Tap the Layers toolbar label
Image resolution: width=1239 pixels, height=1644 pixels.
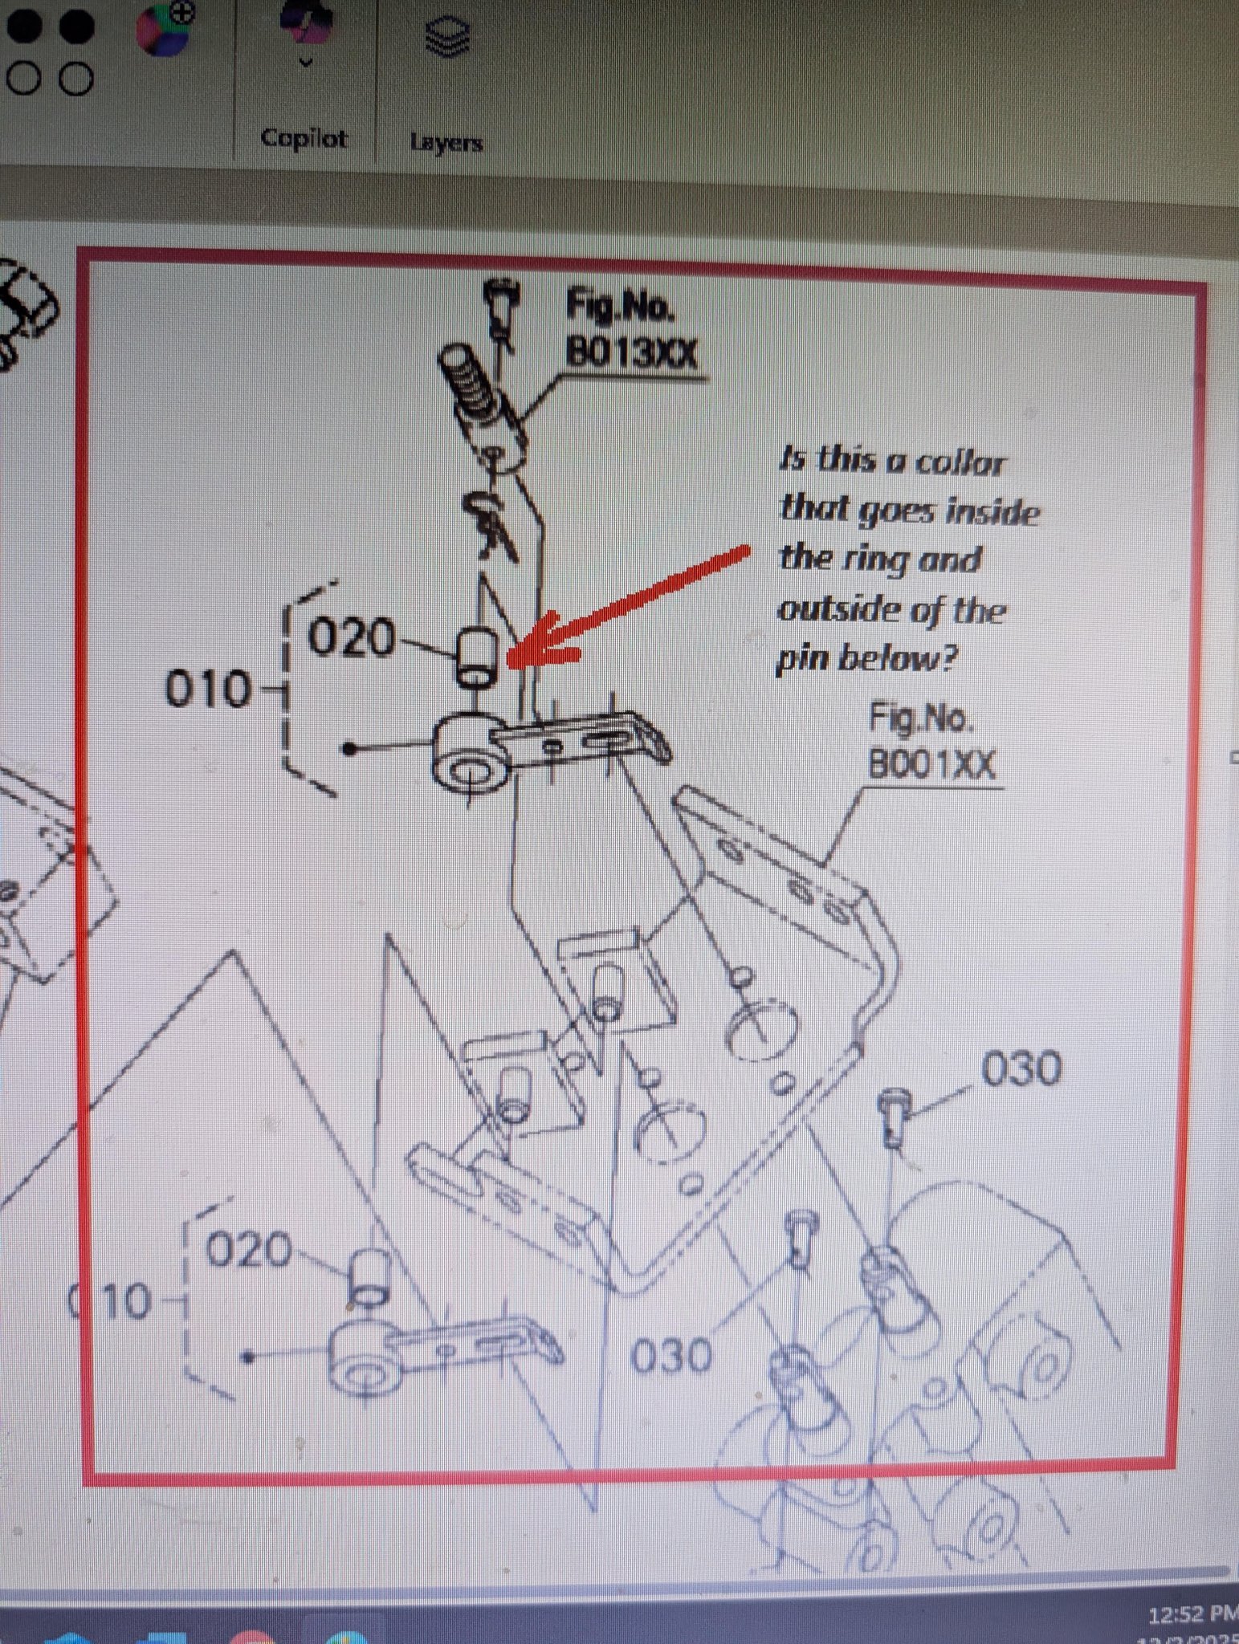446,142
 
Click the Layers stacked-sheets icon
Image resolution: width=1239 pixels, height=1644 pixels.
446,38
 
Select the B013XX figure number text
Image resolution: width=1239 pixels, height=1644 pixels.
631,352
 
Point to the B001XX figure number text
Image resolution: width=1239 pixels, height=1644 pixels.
932,764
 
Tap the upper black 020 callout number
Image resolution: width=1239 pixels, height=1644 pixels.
353,640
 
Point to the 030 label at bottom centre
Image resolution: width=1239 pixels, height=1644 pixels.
671,1357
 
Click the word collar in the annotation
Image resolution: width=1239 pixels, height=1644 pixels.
960,463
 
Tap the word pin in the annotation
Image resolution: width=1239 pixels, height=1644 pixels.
803,659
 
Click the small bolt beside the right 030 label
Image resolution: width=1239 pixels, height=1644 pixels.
894,1117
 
